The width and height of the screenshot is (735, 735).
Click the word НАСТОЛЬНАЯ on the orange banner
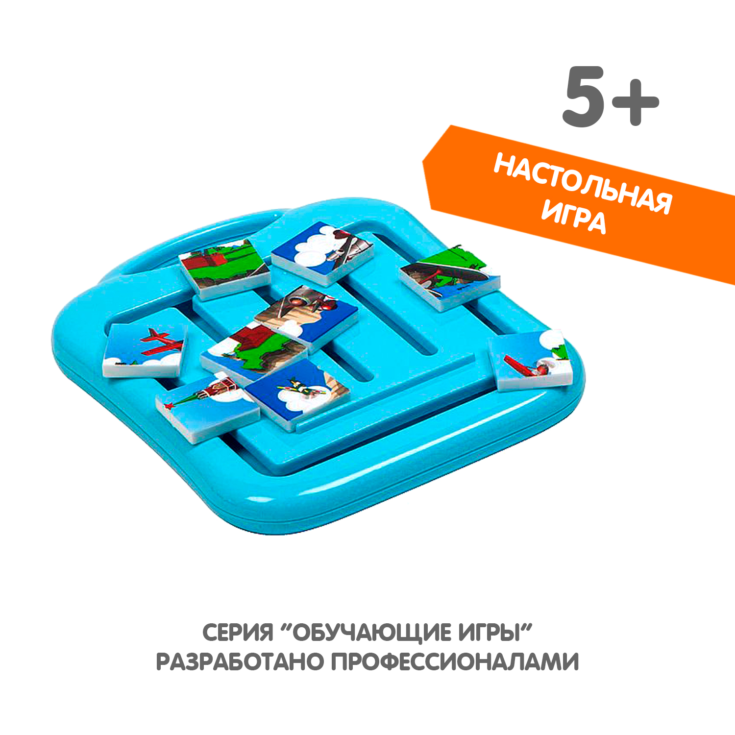pyautogui.click(x=583, y=183)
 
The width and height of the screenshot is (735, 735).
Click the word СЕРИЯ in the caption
pyautogui.click(x=238, y=633)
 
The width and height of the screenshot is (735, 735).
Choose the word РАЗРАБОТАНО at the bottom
pyautogui.click(x=240, y=662)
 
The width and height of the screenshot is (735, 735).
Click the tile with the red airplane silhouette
pyautogui.click(x=146, y=349)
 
